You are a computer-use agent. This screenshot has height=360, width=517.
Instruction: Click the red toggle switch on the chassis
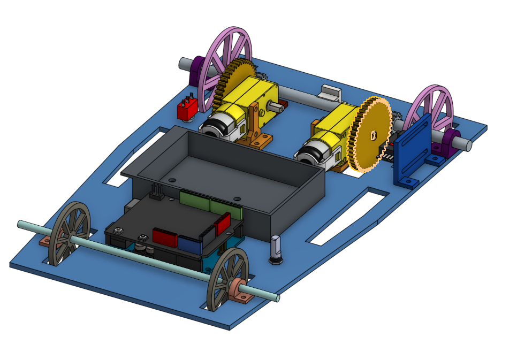187,110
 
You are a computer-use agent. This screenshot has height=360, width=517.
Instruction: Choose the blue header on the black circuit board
189,244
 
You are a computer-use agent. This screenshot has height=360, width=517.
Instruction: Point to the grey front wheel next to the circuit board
227,279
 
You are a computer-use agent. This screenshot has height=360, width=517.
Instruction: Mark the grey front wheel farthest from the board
69,233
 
